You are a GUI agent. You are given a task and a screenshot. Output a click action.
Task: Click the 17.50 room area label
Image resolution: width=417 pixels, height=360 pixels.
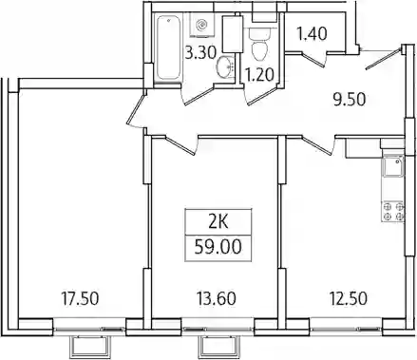coord(80,298)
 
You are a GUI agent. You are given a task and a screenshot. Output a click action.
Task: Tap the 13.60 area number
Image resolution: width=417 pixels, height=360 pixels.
coord(217,298)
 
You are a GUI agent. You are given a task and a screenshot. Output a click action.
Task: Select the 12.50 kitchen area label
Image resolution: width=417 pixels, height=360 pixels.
coord(349,298)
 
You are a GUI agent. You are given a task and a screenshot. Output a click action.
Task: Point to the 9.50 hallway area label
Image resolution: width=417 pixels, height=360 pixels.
coord(349,100)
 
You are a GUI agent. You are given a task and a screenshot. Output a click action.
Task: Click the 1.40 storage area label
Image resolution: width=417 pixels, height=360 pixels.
coord(313,33)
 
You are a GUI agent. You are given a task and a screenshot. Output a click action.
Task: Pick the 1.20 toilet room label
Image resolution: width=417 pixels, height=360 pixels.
coord(259,75)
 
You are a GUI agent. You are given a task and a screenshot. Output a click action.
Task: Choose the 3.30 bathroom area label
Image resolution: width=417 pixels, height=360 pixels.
coord(200,52)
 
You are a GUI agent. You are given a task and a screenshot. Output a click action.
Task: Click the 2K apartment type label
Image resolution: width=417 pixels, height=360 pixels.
coord(218,223)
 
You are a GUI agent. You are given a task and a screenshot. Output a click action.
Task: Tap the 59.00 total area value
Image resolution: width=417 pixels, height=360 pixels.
coord(218,247)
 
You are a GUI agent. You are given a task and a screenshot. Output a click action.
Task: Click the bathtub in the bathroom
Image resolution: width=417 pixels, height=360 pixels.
coord(169,48)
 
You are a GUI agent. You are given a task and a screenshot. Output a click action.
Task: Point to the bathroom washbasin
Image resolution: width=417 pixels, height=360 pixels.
coord(225,66)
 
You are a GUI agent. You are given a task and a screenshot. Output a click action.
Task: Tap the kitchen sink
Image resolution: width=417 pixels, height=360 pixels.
coord(393,166)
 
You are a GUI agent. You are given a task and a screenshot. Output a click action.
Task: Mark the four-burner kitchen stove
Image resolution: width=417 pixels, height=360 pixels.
coord(393,212)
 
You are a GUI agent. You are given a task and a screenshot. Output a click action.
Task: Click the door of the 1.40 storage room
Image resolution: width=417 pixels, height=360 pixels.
coord(313,60)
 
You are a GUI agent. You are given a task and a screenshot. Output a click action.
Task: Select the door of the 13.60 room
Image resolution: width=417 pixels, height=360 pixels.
coord(180,145)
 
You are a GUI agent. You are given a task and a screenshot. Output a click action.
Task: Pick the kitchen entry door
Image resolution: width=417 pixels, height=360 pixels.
coord(318,145)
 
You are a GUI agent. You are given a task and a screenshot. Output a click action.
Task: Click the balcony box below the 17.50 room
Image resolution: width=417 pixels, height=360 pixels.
coord(91,347)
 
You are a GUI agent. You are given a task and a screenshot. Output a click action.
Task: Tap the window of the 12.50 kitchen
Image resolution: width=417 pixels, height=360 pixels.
coord(346,330)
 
